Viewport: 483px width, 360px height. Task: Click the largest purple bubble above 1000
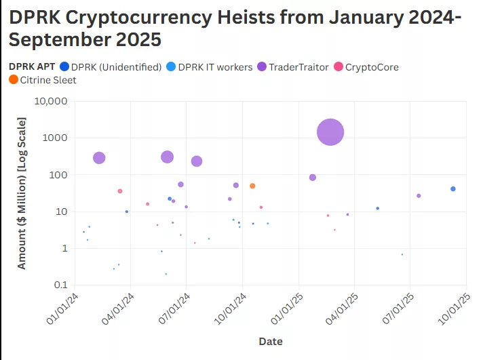click(330, 132)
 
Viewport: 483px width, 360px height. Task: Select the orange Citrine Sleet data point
click(252, 186)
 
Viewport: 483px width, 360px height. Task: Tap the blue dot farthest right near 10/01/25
click(453, 189)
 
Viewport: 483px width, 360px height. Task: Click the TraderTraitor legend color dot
click(261, 67)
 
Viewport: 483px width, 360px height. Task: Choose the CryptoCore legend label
click(372, 67)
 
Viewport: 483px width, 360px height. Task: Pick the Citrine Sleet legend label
click(50, 80)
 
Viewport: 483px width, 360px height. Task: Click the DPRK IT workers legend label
click(215, 67)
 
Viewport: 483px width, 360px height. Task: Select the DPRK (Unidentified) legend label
click(117, 67)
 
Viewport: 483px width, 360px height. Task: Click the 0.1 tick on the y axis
click(60, 285)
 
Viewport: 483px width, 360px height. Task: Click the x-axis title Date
click(271, 342)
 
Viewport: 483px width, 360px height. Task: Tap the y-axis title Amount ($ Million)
click(22, 193)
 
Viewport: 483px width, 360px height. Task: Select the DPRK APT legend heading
click(33, 67)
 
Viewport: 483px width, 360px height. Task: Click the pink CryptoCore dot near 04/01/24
click(120, 191)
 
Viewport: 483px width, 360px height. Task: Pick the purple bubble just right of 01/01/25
click(313, 178)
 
